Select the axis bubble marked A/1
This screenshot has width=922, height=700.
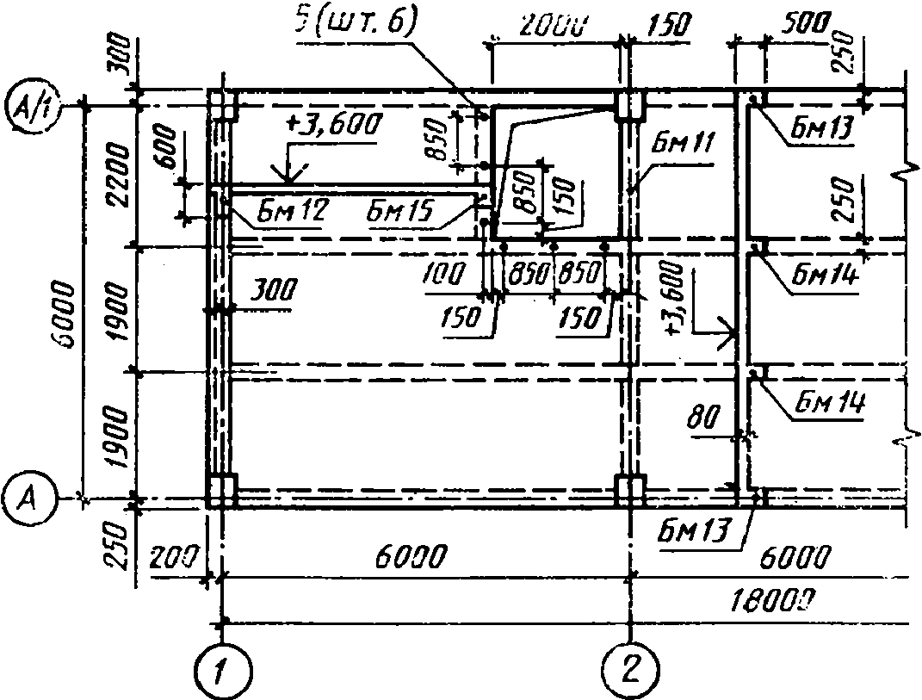(x=29, y=105)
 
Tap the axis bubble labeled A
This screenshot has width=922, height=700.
(x=28, y=497)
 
